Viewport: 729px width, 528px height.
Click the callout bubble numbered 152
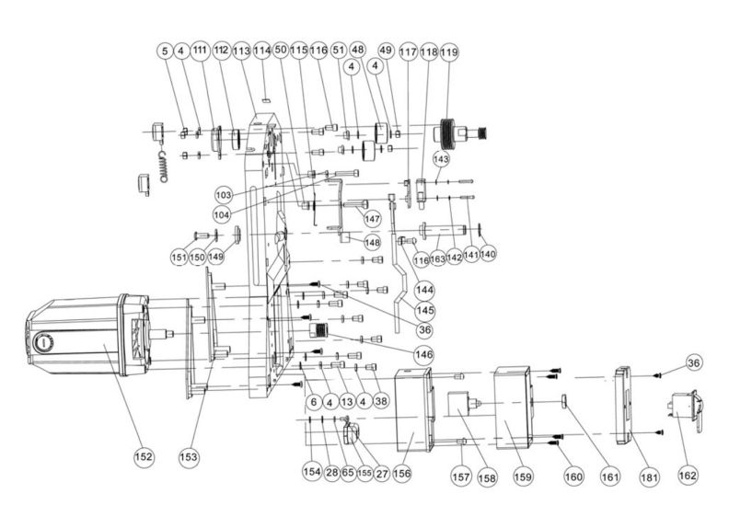pos(145,455)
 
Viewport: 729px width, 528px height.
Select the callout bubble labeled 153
pos(190,455)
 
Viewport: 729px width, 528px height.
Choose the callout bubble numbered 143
pos(441,159)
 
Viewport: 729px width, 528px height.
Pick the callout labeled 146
pos(423,352)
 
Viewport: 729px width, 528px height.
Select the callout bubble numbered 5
pos(164,53)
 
